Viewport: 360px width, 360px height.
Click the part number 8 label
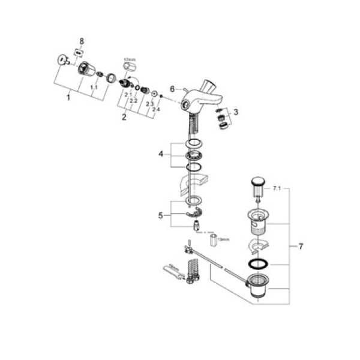coord(82,41)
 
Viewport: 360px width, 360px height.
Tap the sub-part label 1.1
coord(94,87)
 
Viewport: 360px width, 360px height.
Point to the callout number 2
coord(124,117)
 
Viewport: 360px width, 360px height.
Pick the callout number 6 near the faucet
coord(172,88)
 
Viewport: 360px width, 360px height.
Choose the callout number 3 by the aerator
coord(236,112)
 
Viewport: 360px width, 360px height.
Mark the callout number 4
coord(160,155)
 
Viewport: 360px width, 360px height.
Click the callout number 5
coord(160,215)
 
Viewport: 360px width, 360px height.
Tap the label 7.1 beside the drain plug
coord(277,188)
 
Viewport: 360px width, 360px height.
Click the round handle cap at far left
coord(62,60)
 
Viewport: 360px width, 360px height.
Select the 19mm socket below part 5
coord(212,242)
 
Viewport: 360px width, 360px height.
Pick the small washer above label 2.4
coord(154,94)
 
